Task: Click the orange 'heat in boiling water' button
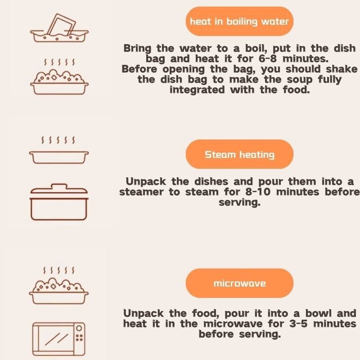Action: [x=239, y=21]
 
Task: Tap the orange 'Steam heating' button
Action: [x=239, y=154]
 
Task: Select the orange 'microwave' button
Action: [x=239, y=283]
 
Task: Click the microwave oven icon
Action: [x=58, y=339]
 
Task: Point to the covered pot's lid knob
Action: [x=59, y=186]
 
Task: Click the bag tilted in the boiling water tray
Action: [x=62, y=25]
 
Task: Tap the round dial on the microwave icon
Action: [x=79, y=328]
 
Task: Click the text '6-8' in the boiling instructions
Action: [x=268, y=58]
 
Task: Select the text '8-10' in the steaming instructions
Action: [x=257, y=192]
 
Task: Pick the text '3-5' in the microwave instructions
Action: [x=298, y=324]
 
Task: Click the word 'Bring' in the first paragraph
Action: [x=137, y=49]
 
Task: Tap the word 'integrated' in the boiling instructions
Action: [x=197, y=90]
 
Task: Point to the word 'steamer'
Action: [x=141, y=192]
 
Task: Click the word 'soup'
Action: [x=300, y=80]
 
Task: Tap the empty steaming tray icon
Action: [x=59, y=157]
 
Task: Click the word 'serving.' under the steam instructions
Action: [x=239, y=202]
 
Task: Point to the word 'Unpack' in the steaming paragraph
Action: [x=146, y=182]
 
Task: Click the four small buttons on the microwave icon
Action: [x=79, y=338]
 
